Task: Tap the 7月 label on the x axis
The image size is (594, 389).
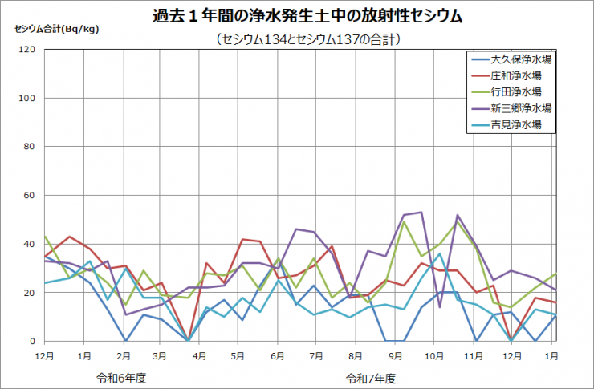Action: coord(316,354)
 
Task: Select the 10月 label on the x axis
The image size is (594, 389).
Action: coord(433,354)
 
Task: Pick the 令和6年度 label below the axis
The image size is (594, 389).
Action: coord(120,376)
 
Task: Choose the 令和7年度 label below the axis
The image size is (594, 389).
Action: coord(371,376)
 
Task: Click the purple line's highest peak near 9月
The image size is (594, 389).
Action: coord(421,213)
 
